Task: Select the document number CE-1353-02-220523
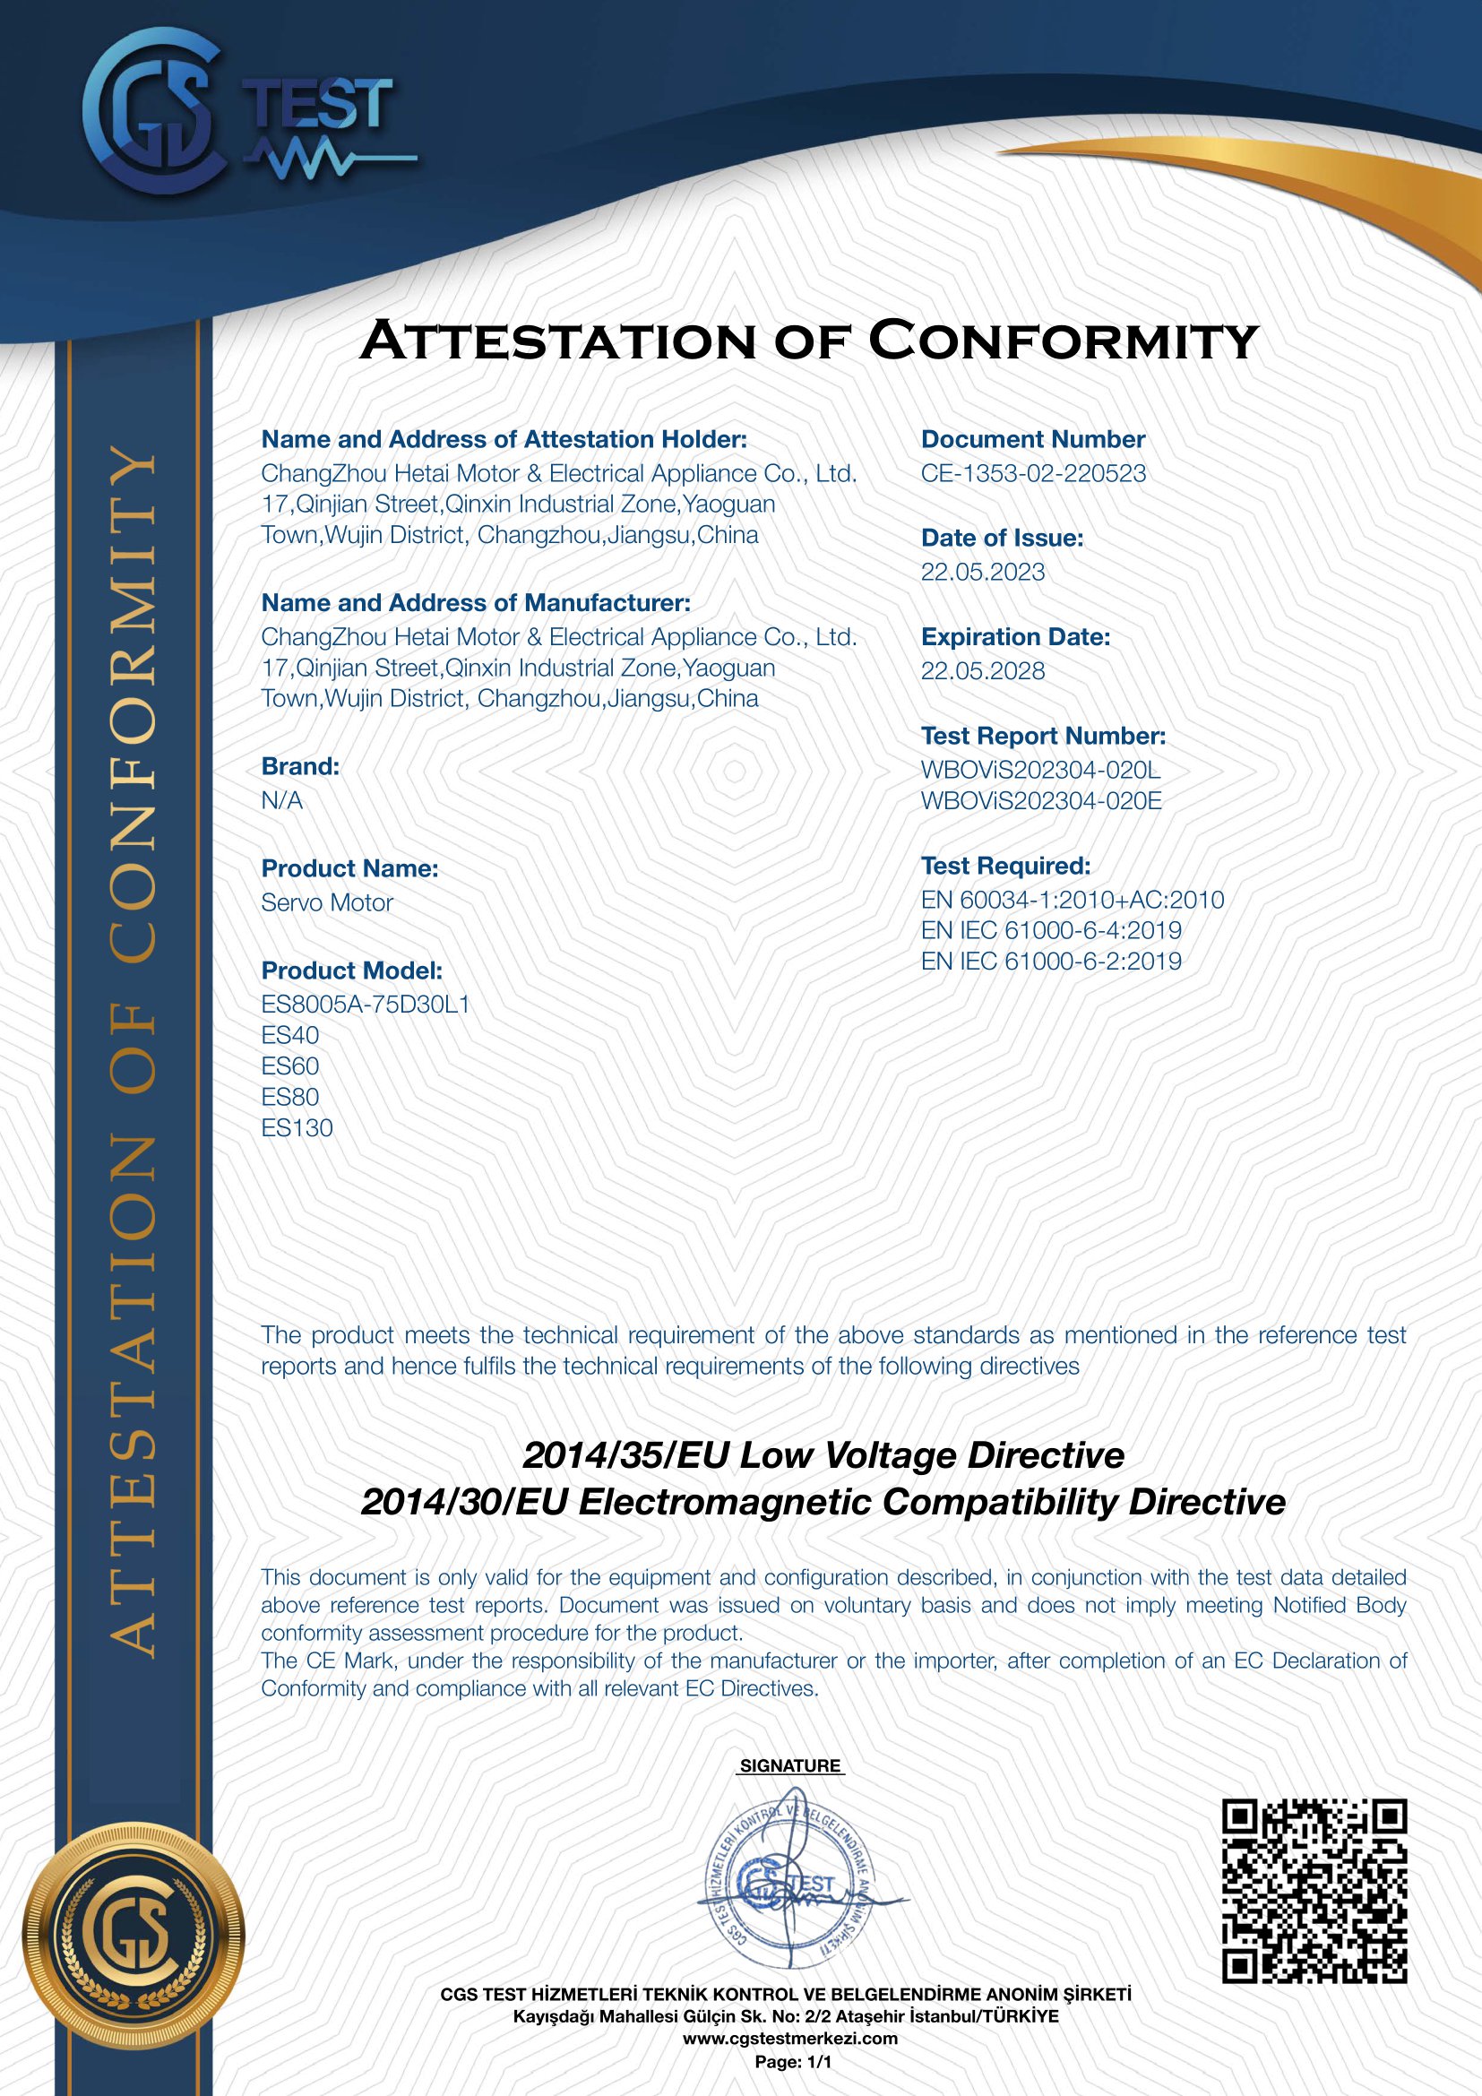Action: [1033, 474]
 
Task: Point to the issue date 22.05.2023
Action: [982, 573]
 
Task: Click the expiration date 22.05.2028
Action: [982, 671]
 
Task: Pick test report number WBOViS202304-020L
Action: [1040, 770]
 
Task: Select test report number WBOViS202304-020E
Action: [1040, 801]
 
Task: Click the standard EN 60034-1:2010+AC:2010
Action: [1073, 900]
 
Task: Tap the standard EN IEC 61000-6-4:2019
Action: [1051, 931]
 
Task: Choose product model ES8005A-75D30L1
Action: [365, 1005]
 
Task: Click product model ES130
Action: [297, 1128]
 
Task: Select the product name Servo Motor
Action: [327, 903]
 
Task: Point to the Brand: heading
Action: [300, 767]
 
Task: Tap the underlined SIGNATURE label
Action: [789, 1766]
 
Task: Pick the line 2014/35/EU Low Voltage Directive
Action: [823, 1455]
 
